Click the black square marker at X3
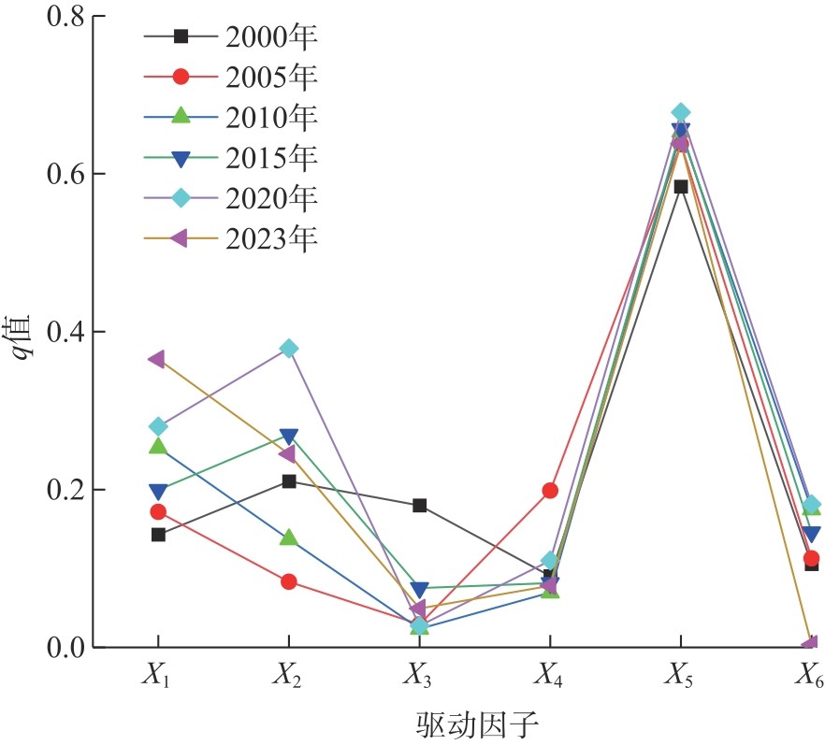(x=419, y=505)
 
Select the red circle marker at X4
(x=550, y=490)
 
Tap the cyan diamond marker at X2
(x=288, y=349)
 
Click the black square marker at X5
(x=681, y=186)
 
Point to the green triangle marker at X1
(x=158, y=446)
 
